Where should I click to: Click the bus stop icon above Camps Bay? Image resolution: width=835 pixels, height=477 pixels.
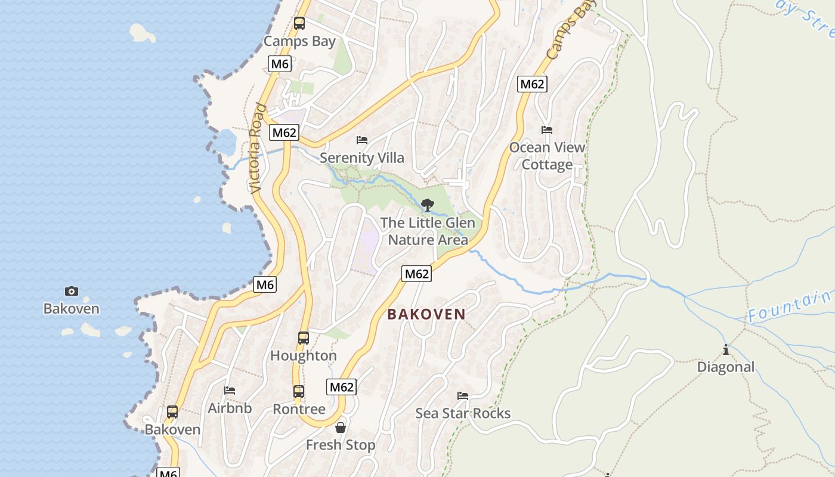click(x=299, y=23)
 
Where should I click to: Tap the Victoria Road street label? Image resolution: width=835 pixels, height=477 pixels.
click(x=257, y=148)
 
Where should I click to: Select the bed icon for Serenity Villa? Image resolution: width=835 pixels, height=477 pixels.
click(x=362, y=140)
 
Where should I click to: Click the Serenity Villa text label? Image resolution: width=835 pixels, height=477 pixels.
click(x=362, y=158)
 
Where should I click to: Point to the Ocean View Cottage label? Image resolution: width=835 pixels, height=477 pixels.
click(x=547, y=156)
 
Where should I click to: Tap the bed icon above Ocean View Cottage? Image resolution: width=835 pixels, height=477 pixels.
click(x=547, y=129)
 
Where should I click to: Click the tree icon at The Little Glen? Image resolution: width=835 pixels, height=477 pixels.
click(x=427, y=206)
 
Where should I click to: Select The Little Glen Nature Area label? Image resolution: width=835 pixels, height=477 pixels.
click(x=428, y=231)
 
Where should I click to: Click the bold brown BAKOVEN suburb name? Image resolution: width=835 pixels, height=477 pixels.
click(x=426, y=314)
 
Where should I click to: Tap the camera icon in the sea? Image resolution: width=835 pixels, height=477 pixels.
click(x=72, y=291)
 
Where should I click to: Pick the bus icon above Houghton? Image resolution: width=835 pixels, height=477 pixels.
click(x=304, y=338)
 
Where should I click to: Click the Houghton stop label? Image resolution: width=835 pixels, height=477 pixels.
click(x=304, y=356)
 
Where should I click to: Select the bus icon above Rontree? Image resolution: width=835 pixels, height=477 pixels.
click(x=299, y=392)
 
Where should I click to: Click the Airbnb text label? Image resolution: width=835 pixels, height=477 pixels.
click(x=230, y=408)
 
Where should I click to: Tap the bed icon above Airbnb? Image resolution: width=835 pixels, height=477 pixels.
click(x=230, y=391)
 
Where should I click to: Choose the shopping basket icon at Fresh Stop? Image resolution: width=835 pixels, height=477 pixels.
click(x=341, y=428)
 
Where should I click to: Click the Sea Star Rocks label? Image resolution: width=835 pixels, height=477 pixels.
click(x=463, y=413)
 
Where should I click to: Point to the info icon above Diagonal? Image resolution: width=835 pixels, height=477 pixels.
click(x=726, y=349)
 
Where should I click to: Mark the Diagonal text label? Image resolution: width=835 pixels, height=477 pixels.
click(x=726, y=367)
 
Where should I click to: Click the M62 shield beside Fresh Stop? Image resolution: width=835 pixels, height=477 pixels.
click(x=342, y=387)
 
